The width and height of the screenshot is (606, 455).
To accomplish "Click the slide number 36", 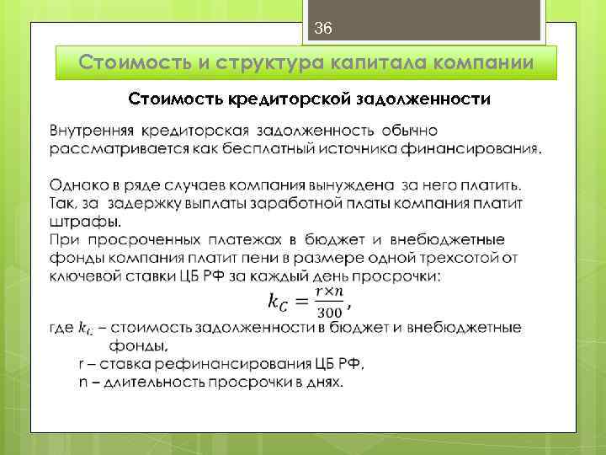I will coord(323,29).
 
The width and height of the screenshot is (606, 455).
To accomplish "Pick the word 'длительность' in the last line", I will coord(137,382).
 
